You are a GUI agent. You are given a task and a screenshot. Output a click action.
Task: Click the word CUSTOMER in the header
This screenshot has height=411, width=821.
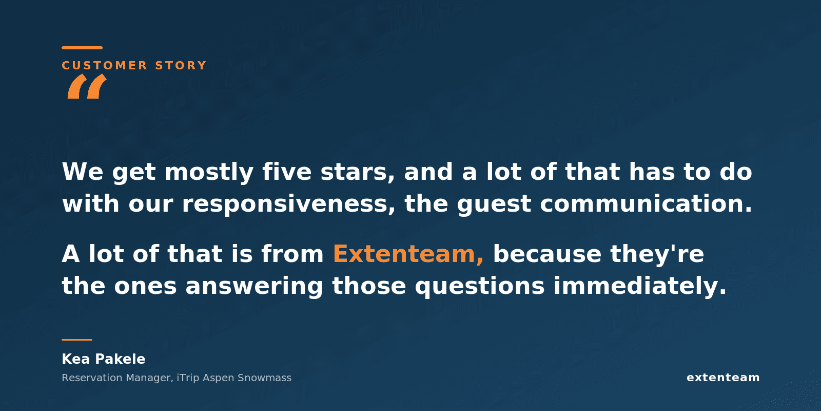click(x=105, y=65)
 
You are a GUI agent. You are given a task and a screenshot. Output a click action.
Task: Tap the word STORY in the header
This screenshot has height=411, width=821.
click(x=181, y=65)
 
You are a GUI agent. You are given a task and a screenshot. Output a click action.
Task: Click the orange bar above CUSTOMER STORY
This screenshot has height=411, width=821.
click(x=82, y=48)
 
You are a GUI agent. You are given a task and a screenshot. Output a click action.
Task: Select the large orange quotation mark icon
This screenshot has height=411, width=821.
click(x=87, y=86)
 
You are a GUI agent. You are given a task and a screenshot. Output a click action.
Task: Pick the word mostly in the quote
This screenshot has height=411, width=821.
click(x=209, y=172)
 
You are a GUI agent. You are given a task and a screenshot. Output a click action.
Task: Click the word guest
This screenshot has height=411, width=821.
click(x=494, y=204)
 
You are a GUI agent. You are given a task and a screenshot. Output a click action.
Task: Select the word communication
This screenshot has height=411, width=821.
click(x=646, y=203)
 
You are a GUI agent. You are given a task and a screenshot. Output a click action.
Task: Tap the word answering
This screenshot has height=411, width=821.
click(x=255, y=286)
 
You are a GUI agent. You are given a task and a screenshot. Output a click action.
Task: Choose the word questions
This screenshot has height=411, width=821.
click(x=480, y=286)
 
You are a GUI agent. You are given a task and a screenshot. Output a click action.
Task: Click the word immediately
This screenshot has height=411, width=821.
click(x=640, y=286)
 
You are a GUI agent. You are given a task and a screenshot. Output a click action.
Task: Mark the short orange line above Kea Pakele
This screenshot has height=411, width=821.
click(x=77, y=340)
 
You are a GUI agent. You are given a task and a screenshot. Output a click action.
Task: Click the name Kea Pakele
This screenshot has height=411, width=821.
click(x=103, y=359)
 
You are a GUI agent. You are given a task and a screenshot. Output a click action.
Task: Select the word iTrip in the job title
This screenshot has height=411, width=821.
click(x=188, y=378)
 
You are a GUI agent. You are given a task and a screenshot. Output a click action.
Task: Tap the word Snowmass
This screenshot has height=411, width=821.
click(x=265, y=378)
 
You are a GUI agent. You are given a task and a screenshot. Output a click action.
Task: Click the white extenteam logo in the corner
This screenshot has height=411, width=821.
click(x=723, y=378)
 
